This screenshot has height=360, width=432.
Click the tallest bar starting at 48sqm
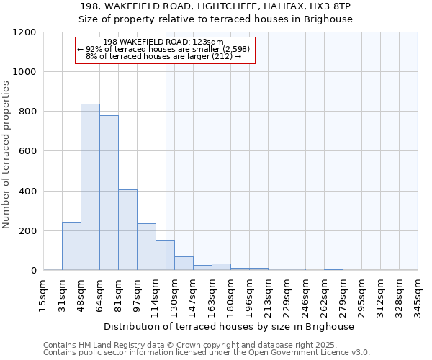tap(90, 187)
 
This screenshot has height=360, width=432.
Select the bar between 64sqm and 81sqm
tap(109, 193)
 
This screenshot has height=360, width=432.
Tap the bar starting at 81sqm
tap(127, 230)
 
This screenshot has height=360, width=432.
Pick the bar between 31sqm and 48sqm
tap(71, 246)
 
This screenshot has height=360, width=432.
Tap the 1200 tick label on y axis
tap(24, 32)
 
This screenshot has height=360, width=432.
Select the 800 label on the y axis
tap(27, 112)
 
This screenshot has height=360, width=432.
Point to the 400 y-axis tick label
tap(27, 192)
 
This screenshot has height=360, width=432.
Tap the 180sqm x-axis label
tap(230, 294)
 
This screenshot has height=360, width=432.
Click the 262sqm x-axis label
tap(324, 294)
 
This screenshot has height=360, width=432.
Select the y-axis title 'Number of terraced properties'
tap(6, 154)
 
